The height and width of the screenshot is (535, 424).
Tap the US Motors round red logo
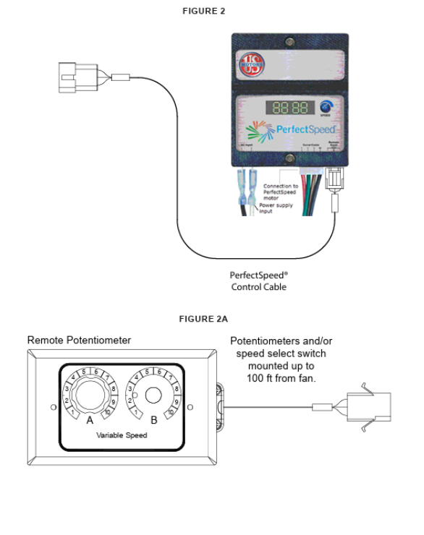coord(250,64)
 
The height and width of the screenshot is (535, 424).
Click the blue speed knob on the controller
coord(326,106)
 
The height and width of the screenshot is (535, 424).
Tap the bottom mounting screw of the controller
coord(289,158)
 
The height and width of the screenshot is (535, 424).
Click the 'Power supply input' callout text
coord(276,208)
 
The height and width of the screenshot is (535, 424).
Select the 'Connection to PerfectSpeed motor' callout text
coord(280,192)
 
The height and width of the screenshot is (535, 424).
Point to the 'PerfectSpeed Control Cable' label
coord(258,281)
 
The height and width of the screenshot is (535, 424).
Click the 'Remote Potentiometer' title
coord(79,340)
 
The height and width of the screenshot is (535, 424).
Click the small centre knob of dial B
coord(153,395)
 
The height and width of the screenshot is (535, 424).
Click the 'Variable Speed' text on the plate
coord(122,435)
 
